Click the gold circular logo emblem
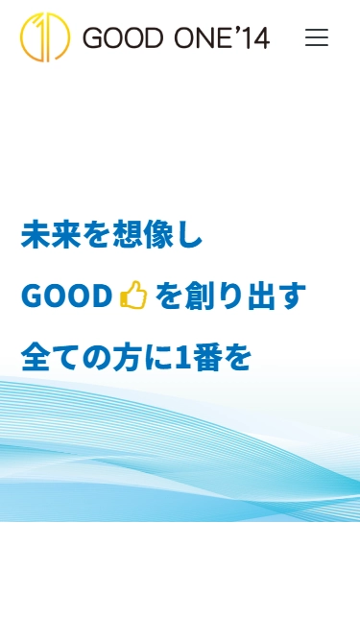click(x=44, y=37)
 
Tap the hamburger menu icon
click(x=317, y=37)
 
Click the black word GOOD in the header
click(x=118, y=38)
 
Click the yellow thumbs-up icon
click(x=133, y=296)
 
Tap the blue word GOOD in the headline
click(x=67, y=296)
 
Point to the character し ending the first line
click(x=191, y=236)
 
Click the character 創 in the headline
click(x=203, y=296)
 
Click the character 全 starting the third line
click(x=36, y=357)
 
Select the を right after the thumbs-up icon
click(x=169, y=296)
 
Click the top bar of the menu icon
click(x=317, y=30)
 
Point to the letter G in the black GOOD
click(x=93, y=38)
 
